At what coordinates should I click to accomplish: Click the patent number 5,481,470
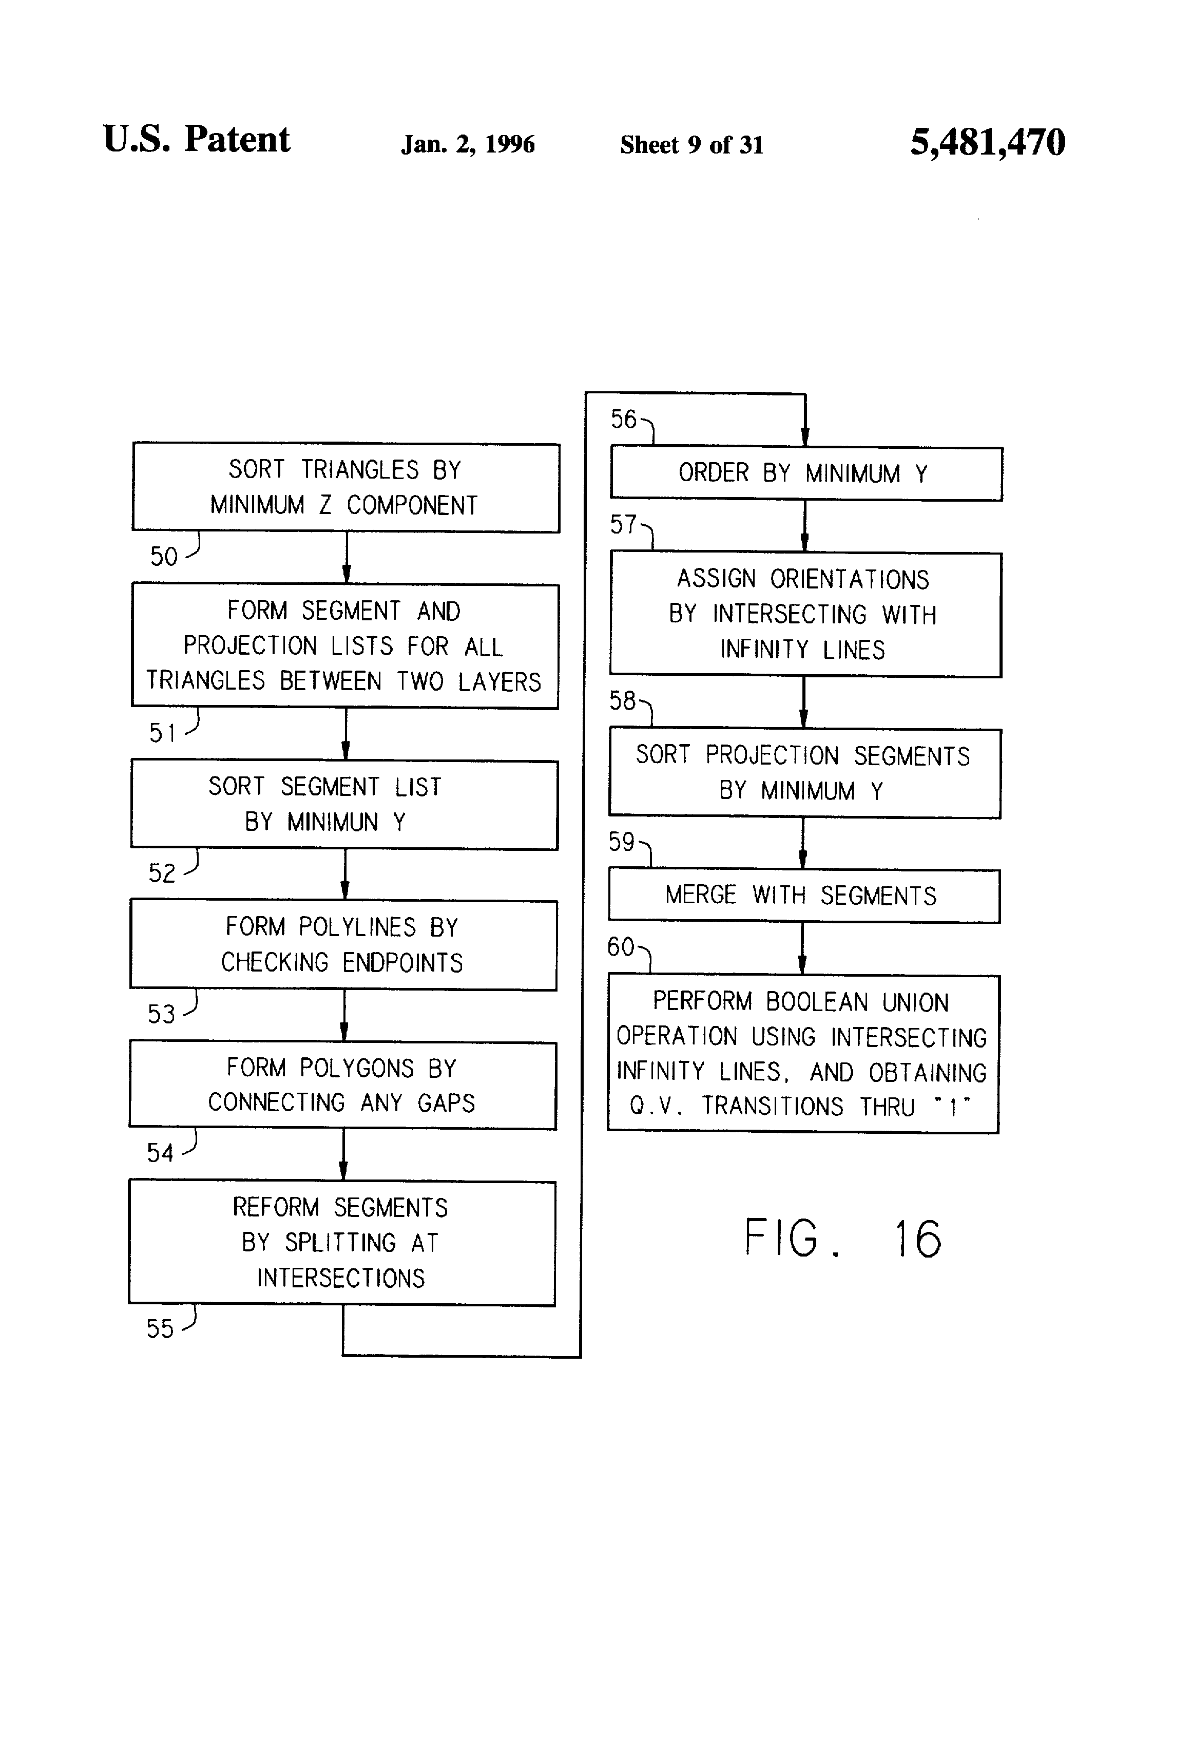tap(987, 142)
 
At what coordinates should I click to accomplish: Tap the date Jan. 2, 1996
tap(468, 144)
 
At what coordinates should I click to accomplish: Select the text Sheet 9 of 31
tap(691, 145)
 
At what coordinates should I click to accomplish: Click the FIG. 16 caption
tap(842, 1238)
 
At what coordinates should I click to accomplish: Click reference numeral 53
tap(161, 1014)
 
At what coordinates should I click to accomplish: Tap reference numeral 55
tap(160, 1329)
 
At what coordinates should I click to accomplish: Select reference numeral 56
tap(623, 420)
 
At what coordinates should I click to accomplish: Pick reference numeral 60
tap(621, 946)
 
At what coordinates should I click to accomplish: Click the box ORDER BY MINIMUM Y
tap(805, 473)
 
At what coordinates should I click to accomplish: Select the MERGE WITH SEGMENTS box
tap(803, 896)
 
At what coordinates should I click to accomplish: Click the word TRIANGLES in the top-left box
tap(360, 470)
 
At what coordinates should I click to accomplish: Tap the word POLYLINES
tap(358, 927)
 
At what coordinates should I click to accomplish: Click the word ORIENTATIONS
tap(849, 579)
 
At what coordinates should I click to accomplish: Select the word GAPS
tap(447, 1103)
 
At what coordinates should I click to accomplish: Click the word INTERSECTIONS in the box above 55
tap(341, 1278)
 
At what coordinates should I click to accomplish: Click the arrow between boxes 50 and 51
tap(347, 558)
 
